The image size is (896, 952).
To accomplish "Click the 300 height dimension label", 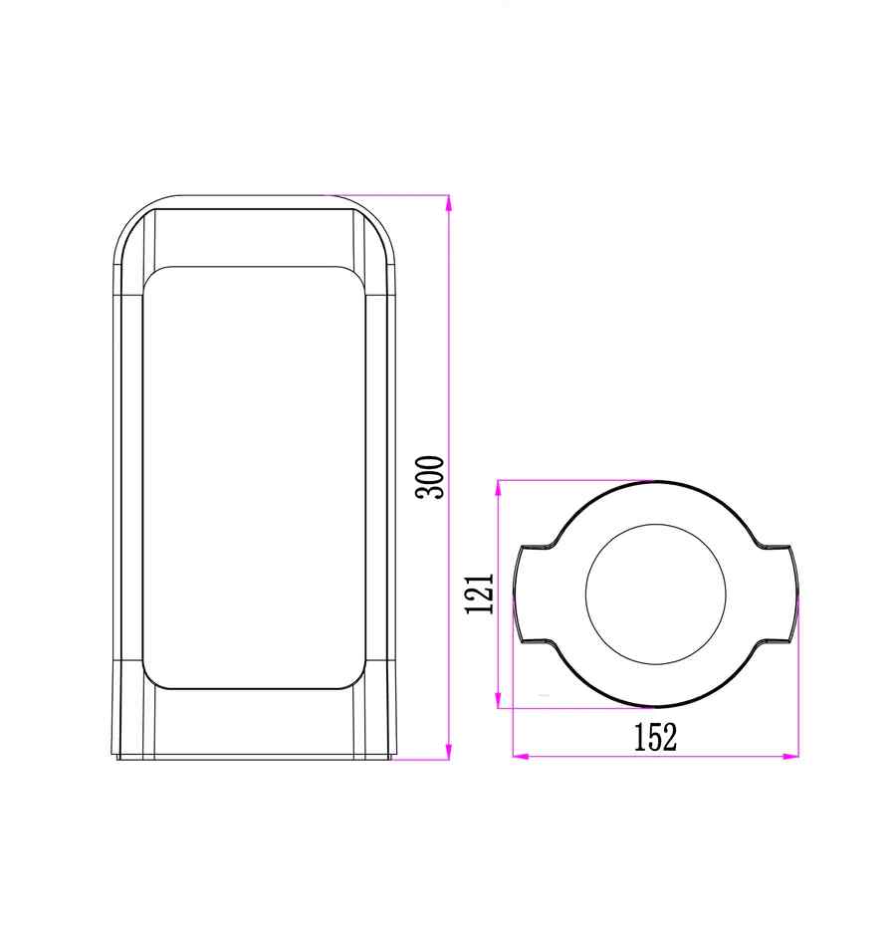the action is click(430, 477).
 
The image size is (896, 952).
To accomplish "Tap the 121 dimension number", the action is click(480, 594).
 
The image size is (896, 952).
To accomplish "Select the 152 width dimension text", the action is click(655, 737).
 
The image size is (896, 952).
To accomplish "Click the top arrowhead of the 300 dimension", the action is click(449, 203).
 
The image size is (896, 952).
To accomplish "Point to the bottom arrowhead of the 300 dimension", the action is click(449, 751).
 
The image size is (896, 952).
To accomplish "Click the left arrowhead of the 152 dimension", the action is click(521, 756).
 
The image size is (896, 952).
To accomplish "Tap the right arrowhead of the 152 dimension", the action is click(791, 756).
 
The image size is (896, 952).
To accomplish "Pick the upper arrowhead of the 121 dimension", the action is click(499, 489).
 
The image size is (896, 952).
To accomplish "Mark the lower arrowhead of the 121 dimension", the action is click(499, 700).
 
